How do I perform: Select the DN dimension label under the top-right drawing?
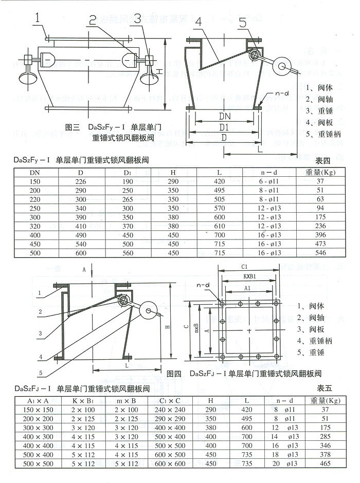tap(224, 117)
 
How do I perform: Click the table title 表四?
tap(322, 160)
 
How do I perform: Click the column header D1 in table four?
tap(128, 172)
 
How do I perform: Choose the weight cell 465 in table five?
tap(324, 463)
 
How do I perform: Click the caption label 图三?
tap(73, 126)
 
